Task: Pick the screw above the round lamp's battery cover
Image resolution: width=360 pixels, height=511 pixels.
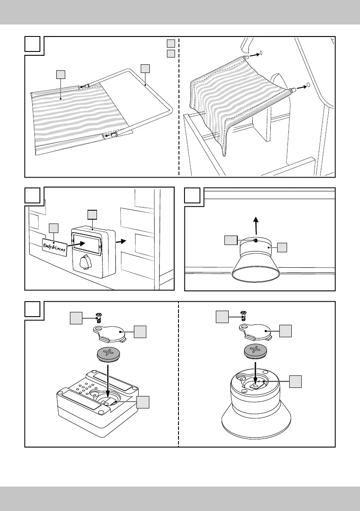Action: pos(244,316)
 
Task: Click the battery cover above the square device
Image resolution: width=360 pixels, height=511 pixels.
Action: pos(111,333)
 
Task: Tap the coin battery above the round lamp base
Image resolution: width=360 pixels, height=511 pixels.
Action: pos(256,350)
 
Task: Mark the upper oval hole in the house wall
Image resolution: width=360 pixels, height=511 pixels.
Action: pos(262,54)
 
